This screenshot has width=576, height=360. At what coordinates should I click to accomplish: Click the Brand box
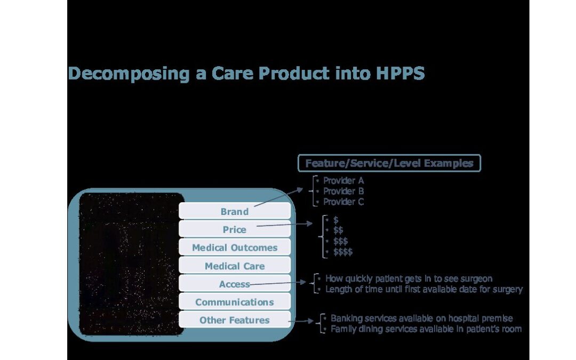pos(234,211)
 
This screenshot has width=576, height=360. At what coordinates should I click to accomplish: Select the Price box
pos(234,229)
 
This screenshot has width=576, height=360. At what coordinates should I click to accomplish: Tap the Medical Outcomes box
pos(234,247)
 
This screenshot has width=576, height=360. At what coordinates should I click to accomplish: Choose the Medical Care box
pos(234,265)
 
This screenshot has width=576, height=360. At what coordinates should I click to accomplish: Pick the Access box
pos(234,283)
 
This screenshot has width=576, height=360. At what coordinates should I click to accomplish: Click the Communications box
pos(234,301)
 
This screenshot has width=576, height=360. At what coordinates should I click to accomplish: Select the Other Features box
pos(234,319)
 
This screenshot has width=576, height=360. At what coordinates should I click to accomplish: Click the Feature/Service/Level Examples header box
pos(389,163)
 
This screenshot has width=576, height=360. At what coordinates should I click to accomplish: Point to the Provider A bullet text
pos(343,180)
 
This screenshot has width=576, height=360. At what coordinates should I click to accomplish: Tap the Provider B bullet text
pos(343,191)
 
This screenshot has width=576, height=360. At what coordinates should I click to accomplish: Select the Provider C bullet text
pos(343,202)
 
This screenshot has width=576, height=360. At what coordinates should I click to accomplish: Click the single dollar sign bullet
pos(336,220)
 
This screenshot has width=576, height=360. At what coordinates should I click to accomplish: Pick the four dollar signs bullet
pos(343,252)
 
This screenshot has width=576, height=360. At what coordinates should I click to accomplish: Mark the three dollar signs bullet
pos(340,242)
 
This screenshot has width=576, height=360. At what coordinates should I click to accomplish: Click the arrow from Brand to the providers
pos(278,197)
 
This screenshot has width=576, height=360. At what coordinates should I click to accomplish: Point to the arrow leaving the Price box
pos(284,225)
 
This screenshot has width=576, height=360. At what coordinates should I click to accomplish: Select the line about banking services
pos(422,318)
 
